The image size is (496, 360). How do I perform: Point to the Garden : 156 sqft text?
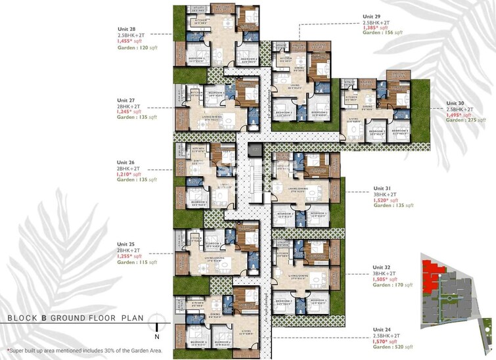click(x=384, y=32)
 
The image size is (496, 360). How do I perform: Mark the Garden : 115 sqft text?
click(x=137, y=262)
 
